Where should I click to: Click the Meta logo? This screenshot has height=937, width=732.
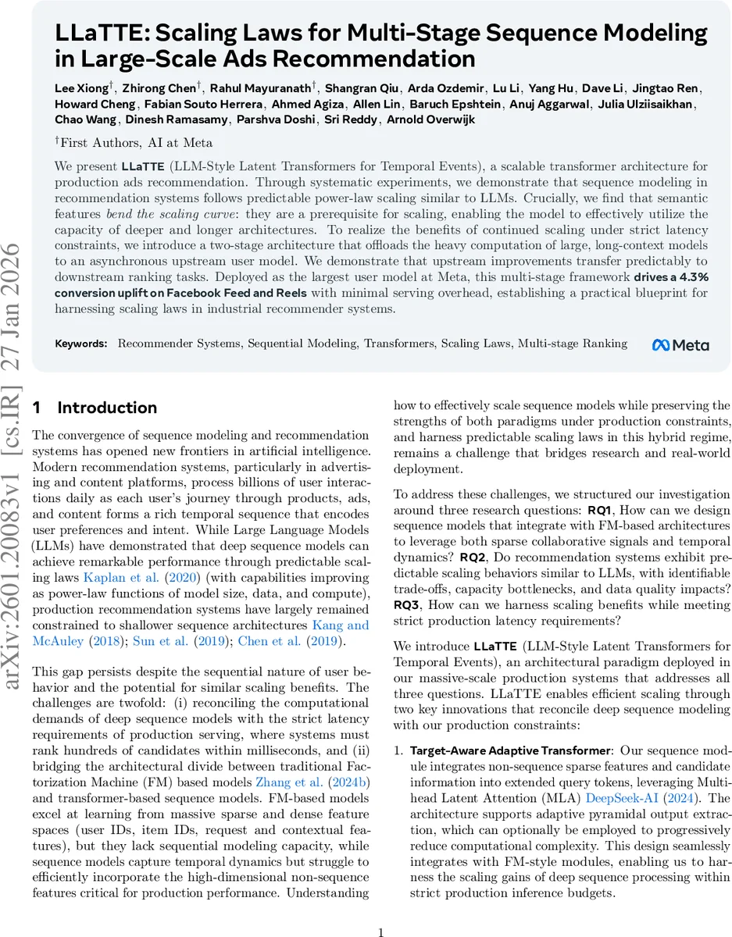[680, 344]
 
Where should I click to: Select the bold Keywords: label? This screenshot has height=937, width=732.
[81, 344]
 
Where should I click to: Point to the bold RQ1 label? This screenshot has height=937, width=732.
[602, 511]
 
